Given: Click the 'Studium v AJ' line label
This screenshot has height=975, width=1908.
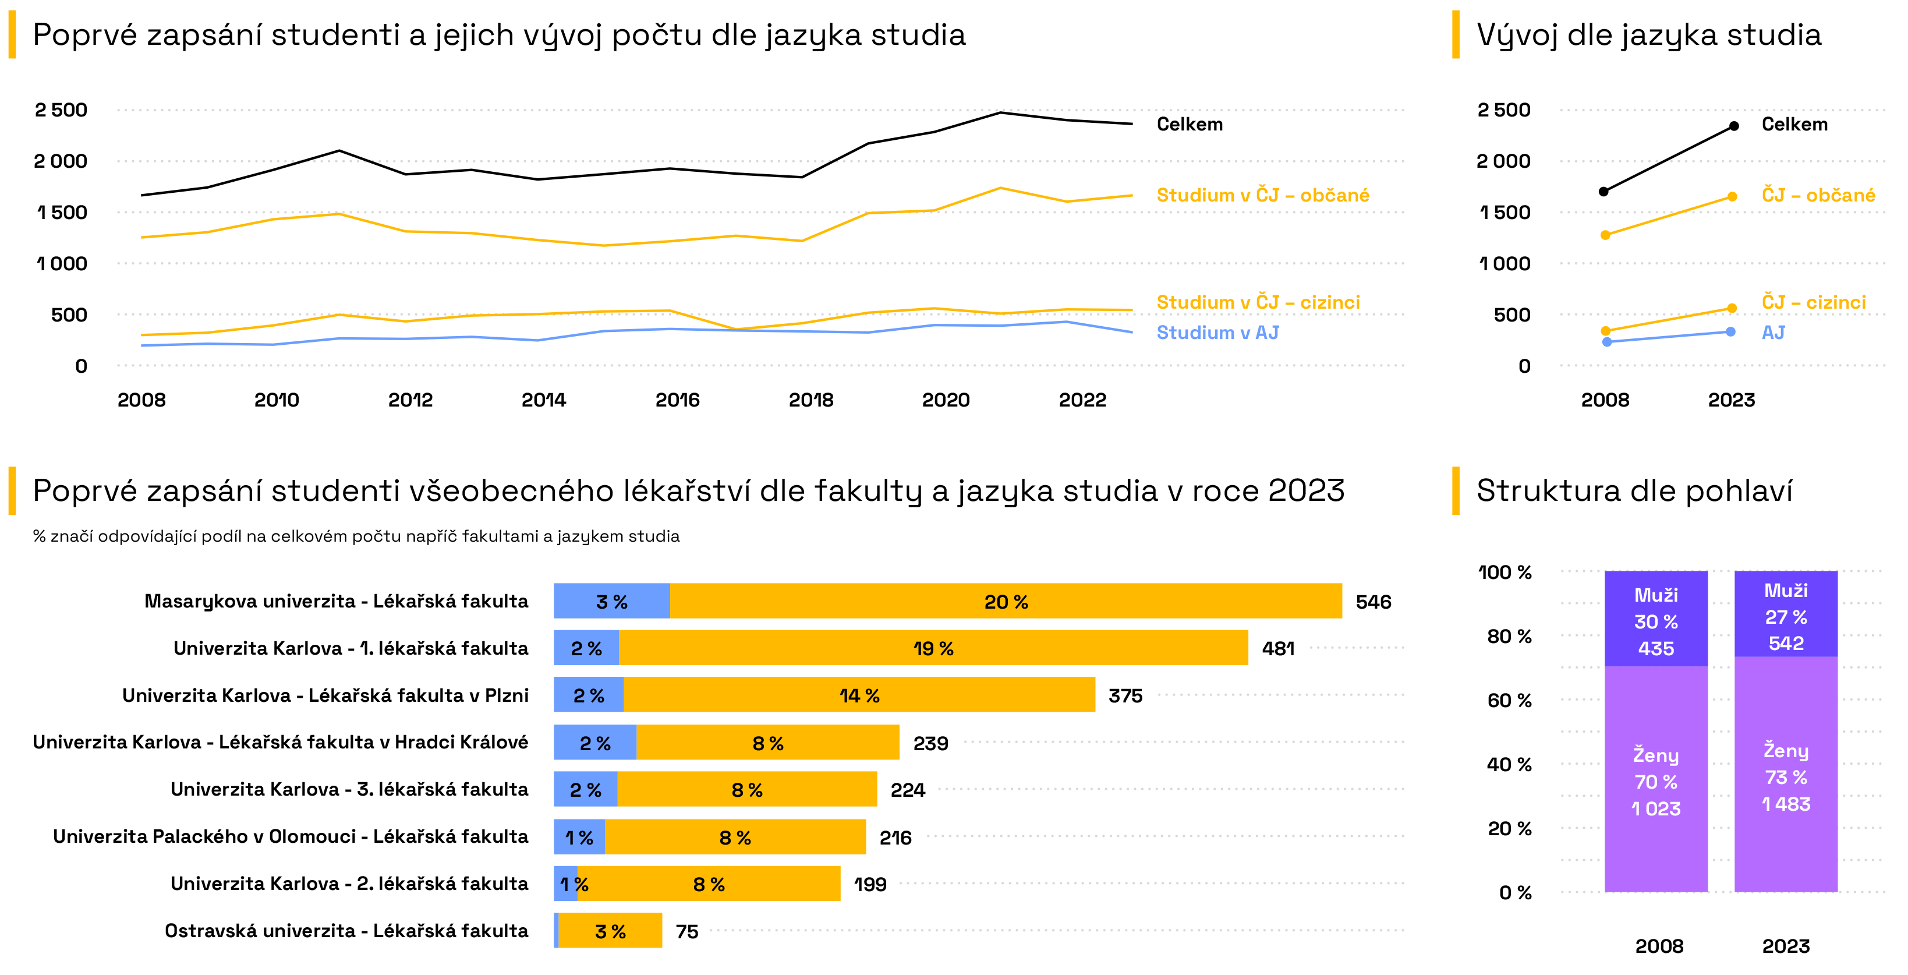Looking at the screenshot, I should pyautogui.click(x=1217, y=333).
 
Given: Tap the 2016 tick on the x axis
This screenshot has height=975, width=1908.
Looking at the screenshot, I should pyautogui.click(x=677, y=400).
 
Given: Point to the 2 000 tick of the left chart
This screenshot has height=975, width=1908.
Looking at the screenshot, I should pyautogui.click(x=61, y=161).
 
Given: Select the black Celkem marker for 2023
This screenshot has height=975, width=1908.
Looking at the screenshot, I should pyautogui.click(x=1734, y=126).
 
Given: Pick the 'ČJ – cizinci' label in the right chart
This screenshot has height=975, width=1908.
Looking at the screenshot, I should pyautogui.click(x=1813, y=302).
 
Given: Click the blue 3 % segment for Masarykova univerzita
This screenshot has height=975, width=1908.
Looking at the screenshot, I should pyautogui.click(x=612, y=602).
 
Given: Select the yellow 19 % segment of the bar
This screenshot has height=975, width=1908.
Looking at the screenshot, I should pyautogui.click(x=933, y=648).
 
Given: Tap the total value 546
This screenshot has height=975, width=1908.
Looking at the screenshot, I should pyautogui.click(x=1374, y=602).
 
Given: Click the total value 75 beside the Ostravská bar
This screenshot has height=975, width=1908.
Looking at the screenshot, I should pyautogui.click(x=686, y=931).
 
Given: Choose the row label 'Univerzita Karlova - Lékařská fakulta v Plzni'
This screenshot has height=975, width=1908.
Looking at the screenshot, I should pyautogui.click(x=325, y=695).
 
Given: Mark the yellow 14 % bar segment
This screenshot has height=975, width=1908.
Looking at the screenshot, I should pyautogui.click(x=859, y=695).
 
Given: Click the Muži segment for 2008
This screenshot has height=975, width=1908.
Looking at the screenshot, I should pyautogui.click(x=1655, y=619).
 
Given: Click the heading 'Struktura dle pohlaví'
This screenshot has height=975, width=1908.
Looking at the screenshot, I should pyautogui.click(x=1634, y=491).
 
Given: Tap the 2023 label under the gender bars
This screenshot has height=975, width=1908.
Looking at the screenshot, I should pyautogui.click(x=1786, y=946).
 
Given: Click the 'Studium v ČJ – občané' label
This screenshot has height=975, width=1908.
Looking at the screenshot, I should pyautogui.click(x=1262, y=196).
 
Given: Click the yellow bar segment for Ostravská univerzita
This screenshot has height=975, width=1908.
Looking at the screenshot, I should pyautogui.click(x=610, y=931).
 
